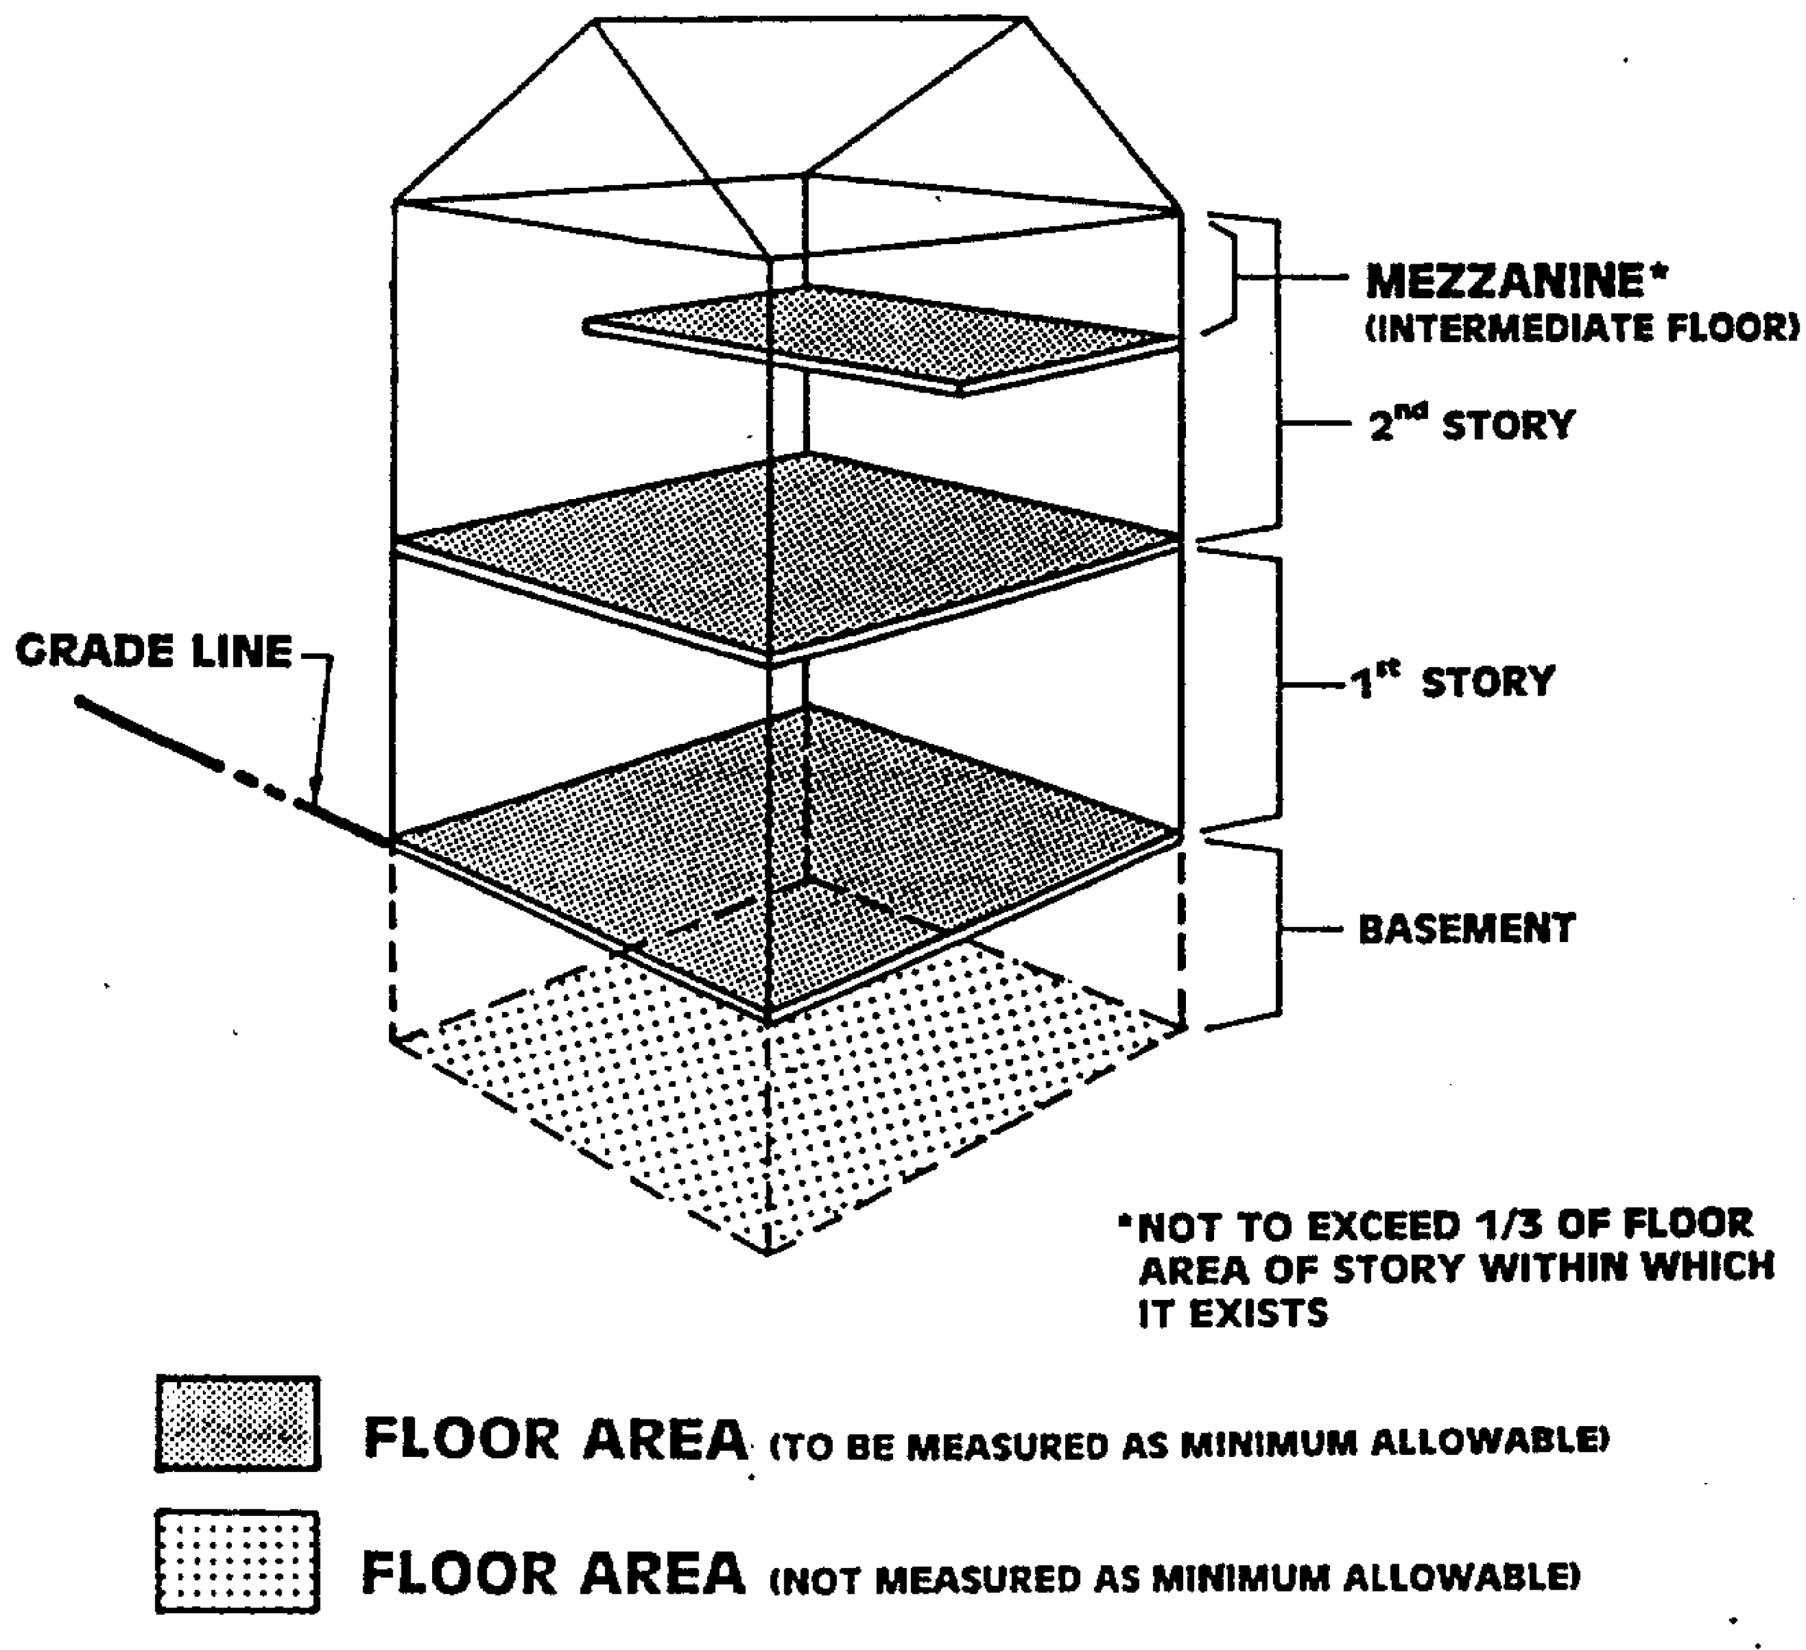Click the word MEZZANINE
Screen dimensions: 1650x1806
click(x=1505, y=282)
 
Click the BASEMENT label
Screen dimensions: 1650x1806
click(x=1467, y=929)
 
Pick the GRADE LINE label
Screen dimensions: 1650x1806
click(x=154, y=651)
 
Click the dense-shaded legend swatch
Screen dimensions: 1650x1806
click(x=238, y=1423)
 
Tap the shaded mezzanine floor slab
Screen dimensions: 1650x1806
click(x=882, y=336)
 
